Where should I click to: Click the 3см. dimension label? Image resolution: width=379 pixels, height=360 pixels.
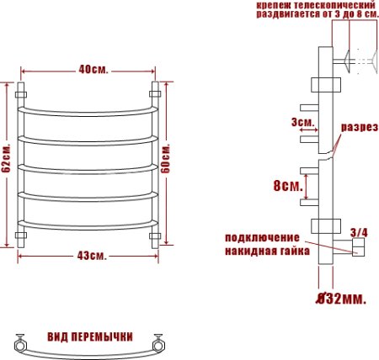[x=302, y=123]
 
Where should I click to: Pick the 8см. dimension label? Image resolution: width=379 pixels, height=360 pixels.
[x=286, y=186]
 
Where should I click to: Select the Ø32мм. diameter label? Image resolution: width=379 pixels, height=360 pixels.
[x=341, y=299]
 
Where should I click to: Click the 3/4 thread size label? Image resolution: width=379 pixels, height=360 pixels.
[x=358, y=231]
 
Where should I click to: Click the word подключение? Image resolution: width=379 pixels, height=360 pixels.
[x=262, y=237]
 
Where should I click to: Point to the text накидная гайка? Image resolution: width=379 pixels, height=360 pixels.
[x=266, y=251]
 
